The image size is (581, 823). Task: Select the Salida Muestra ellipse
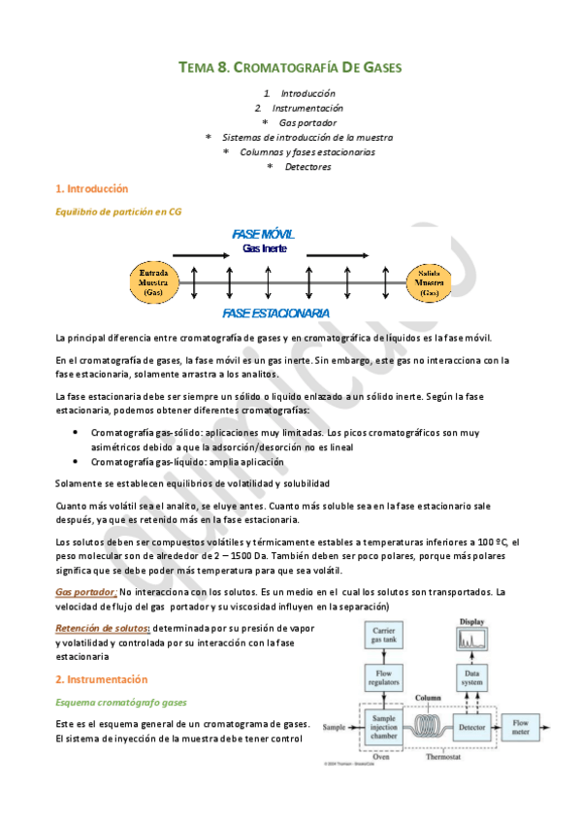429,281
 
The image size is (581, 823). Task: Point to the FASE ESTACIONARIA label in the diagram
274,313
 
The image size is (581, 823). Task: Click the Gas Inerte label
266,249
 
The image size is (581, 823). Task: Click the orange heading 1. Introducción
92,188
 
